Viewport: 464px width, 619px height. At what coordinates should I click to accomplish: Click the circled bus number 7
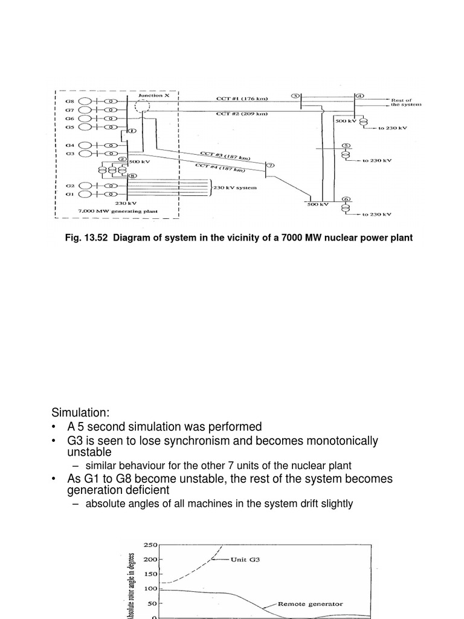[x=269, y=165]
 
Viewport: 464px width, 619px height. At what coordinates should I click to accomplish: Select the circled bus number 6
[x=346, y=199]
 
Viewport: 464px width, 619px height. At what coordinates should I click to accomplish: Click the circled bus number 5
[x=346, y=146]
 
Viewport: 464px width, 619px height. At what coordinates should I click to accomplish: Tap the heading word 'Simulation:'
[x=80, y=412]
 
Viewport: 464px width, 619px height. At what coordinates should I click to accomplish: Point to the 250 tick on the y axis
[x=150, y=545]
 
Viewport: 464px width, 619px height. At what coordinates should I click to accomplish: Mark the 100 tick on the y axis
[x=150, y=589]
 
